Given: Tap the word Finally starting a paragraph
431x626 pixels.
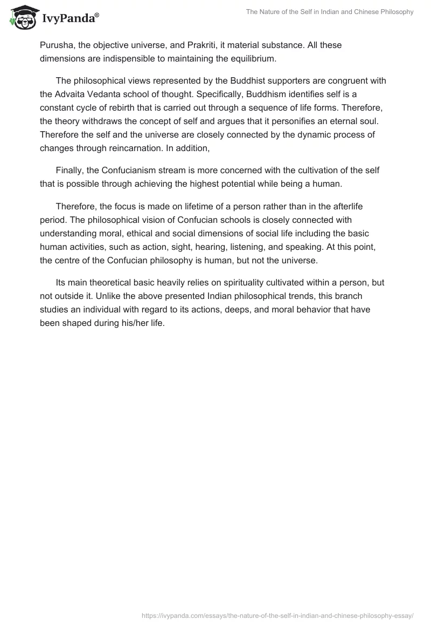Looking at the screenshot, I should click(x=69, y=170).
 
